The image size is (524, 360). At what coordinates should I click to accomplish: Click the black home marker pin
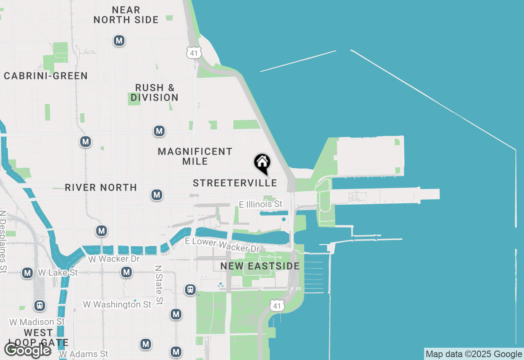262,163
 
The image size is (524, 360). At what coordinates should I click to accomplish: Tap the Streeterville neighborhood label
235,183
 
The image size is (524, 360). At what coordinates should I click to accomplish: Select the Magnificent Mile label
195,156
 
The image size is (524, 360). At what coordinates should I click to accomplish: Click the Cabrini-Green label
46,76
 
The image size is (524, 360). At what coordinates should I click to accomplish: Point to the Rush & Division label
155,92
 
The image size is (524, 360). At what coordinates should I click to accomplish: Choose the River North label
101,187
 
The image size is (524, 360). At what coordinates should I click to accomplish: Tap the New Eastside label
260,266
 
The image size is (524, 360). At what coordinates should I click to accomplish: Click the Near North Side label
126,15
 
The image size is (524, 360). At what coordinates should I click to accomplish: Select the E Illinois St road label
261,204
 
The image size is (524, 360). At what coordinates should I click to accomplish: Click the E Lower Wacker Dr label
222,245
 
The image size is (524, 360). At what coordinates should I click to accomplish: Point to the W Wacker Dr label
114,259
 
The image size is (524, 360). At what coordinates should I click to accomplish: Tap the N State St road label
159,285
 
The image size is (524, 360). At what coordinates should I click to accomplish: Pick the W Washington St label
117,304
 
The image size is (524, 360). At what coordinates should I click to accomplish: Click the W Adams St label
84,354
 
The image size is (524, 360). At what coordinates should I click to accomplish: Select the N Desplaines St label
3,241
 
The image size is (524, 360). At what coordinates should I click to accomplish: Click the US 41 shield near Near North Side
193,52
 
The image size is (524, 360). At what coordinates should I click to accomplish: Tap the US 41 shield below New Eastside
277,305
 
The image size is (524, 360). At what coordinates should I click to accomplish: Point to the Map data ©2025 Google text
474,354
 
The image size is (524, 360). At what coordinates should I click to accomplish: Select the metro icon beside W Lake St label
27,273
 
